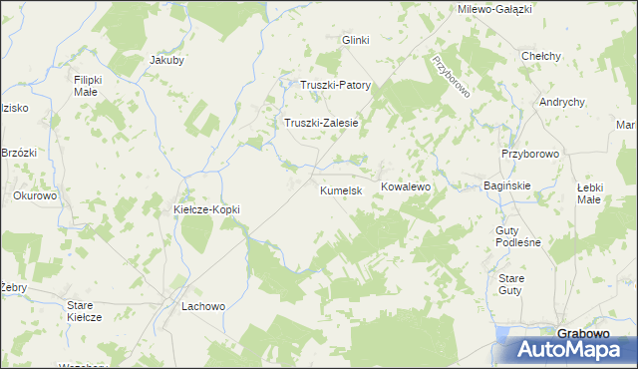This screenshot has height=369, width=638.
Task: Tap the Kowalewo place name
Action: point(404,186)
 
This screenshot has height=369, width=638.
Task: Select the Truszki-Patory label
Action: point(336,85)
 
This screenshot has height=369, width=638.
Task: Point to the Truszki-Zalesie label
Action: point(321,123)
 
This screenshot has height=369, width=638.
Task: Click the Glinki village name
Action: point(356,40)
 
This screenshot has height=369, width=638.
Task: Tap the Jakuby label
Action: point(167,60)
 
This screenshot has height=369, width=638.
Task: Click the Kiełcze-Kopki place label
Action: point(207,209)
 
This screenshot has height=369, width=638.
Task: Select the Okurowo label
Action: point(35,195)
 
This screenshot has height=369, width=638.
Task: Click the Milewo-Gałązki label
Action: point(493,8)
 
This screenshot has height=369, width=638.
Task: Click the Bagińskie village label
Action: point(506,185)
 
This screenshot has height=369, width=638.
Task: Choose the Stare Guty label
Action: point(510,283)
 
